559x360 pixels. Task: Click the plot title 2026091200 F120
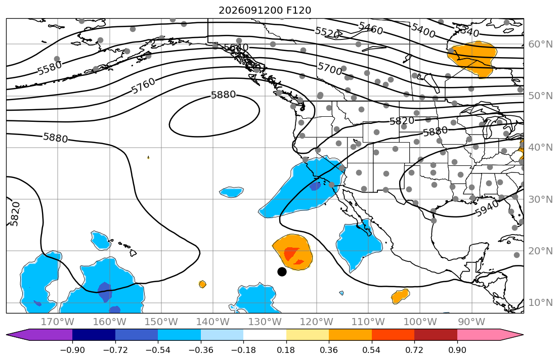point(265,10)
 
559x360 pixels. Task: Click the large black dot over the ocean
point(282,272)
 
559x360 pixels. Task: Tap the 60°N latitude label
point(540,44)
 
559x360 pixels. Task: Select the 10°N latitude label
point(540,303)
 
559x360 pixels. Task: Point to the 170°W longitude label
point(57,322)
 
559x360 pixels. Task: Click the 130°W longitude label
point(265,322)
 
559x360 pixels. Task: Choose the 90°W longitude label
point(471,322)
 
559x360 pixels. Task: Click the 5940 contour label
point(487,208)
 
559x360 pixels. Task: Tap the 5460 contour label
point(371,28)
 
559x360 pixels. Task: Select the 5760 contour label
point(143,86)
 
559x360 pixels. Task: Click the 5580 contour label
point(50,68)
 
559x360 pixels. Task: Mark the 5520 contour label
point(327,33)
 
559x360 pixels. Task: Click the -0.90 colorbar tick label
point(72,350)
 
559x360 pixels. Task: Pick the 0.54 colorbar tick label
point(371,350)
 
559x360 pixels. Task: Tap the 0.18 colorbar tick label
point(286,350)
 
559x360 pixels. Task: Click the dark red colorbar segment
point(436,335)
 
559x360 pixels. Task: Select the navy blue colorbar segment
point(94,335)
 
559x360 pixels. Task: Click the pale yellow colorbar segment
point(307,335)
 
